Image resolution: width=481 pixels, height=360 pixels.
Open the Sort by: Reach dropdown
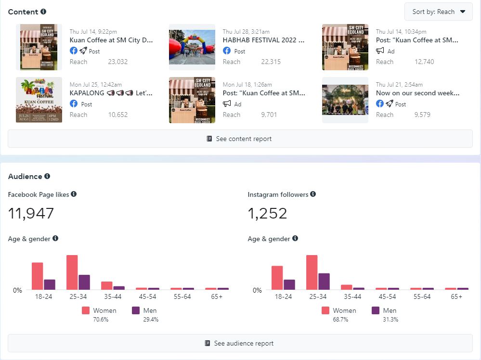tap(439, 12)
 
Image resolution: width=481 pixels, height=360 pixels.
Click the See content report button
tap(240, 139)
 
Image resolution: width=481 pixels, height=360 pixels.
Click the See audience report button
tap(240, 343)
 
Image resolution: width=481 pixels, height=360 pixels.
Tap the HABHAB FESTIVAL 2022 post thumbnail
tap(192, 47)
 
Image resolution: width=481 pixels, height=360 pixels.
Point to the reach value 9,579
tap(422, 115)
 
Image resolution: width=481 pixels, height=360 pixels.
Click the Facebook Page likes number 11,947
tap(31, 213)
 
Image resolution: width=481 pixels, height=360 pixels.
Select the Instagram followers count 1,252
tap(267, 213)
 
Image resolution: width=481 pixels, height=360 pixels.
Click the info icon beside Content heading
tap(44, 12)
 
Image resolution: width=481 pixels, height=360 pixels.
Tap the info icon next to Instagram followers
tap(313, 194)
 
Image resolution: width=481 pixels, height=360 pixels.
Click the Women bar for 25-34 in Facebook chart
tap(72, 272)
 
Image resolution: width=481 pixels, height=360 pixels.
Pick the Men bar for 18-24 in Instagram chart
tap(289, 284)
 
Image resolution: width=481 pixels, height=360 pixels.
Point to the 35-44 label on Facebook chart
tap(113, 296)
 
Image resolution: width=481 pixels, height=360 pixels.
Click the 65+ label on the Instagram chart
tap(456, 296)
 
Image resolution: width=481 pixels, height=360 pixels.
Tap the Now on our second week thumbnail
tap(345, 100)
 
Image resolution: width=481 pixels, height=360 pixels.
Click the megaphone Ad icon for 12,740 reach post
tap(380, 51)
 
